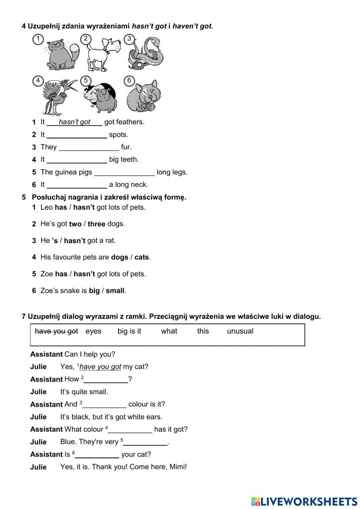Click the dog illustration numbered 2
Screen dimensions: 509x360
pyautogui.click(x=104, y=54)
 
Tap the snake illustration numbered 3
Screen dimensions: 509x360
pyautogui.click(x=146, y=54)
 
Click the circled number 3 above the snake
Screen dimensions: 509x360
pyautogui.click(x=129, y=39)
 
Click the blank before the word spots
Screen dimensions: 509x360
pyautogui.click(x=77, y=135)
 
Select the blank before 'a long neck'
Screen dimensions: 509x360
pyautogui.click(x=77, y=185)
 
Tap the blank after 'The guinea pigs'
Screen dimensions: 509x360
pyautogui.click(x=124, y=173)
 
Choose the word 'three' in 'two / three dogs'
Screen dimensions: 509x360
pyautogui.click(x=96, y=224)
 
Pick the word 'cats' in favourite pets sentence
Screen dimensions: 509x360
pyautogui.click(x=141, y=258)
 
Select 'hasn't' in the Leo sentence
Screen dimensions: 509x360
pyautogui.click(x=84, y=207)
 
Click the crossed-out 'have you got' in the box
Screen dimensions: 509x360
pyautogui.click(x=56, y=331)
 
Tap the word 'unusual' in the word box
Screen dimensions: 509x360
pyautogui.click(x=240, y=331)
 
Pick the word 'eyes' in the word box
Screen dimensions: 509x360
pyautogui.click(x=93, y=331)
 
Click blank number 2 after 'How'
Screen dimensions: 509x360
pyautogui.click(x=106, y=380)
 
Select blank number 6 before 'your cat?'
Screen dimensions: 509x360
pyautogui.click(x=97, y=455)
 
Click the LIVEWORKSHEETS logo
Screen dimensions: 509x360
pyautogui.click(x=304, y=501)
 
